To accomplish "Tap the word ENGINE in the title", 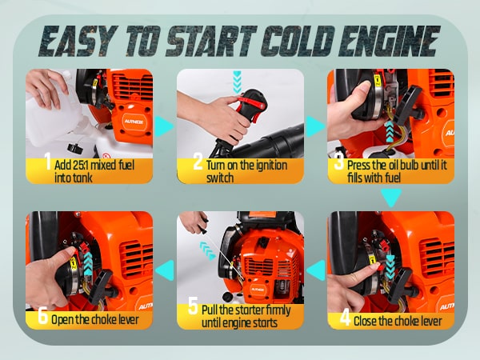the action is point(389,41).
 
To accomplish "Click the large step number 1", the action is point(48,161).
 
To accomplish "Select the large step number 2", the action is point(198,162).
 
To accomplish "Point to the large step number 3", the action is point(339,162).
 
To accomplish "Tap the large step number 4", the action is point(345,318).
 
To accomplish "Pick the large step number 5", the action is point(193,306).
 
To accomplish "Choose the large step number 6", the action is point(43,315).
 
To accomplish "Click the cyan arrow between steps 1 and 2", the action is point(164,126).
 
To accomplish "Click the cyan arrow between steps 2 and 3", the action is point(315,126).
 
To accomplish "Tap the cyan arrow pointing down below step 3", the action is point(391,198).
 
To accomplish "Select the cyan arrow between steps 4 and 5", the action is point(316,270).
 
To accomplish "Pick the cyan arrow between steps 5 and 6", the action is point(165,270).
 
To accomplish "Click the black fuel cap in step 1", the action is point(74,149).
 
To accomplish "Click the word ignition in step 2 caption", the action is point(270,166).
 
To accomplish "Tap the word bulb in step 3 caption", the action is point(409,165).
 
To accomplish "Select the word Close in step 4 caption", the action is point(365,322).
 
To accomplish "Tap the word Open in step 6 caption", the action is point(62,320).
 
